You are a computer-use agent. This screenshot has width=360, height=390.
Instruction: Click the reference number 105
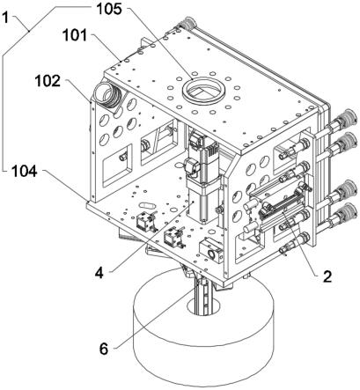[109, 9]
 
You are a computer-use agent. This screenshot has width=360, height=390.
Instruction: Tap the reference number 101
[75, 35]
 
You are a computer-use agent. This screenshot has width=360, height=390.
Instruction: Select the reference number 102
[48, 81]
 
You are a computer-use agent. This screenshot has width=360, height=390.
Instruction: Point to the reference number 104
[25, 171]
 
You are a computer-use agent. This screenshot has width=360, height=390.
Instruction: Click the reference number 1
[5, 18]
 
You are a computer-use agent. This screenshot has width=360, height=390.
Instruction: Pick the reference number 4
[99, 273]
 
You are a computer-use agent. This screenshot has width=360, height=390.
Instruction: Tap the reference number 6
[104, 349]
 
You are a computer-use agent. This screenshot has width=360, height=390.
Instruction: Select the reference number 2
[327, 276]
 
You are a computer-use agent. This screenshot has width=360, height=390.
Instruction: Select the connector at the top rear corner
[187, 24]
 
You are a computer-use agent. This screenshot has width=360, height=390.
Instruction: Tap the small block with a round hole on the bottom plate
[210, 250]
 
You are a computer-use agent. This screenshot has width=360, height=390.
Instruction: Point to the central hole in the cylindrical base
[203, 305]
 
